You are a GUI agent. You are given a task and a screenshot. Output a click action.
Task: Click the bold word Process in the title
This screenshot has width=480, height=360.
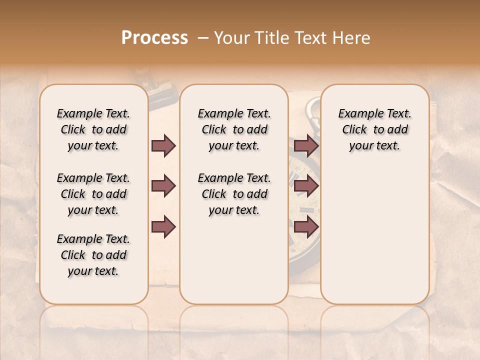tap(154, 38)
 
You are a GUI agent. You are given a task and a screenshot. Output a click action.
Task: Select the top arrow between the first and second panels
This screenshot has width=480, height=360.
tap(163, 145)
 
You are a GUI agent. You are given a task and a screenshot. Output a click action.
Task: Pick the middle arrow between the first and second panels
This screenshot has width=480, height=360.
tap(163, 186)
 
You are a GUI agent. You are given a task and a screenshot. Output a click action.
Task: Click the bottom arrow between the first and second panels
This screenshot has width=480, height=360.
tap(163, 227)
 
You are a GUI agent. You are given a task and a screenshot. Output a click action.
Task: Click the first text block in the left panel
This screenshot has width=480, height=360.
tap(93, 129)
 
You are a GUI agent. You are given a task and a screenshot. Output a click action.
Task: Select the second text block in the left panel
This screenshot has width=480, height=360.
tap(93, 194)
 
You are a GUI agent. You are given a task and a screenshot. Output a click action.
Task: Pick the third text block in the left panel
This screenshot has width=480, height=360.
tap(93, 255)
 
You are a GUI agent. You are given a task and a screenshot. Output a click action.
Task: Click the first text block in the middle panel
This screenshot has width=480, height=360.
tap(234, 129)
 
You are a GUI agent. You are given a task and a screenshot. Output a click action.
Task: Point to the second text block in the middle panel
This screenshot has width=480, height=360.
tap(234, 194)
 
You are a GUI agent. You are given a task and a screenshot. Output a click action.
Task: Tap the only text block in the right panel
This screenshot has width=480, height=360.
tap(374, 129)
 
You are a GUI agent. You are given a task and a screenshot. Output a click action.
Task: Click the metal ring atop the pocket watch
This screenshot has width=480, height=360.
tap(312, 107)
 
